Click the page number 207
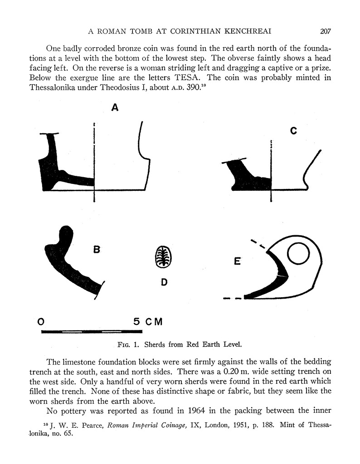(x=326, y=31)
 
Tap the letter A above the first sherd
(x=115, y=107)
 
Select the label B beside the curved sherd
(x=97, y=249)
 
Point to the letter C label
(x=293, y=131)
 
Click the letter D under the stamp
(x=164, y=282)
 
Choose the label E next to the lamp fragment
(x=237, y=261)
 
